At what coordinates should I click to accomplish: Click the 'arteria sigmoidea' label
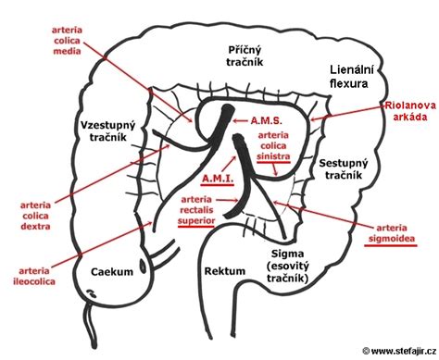click(402, 230)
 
